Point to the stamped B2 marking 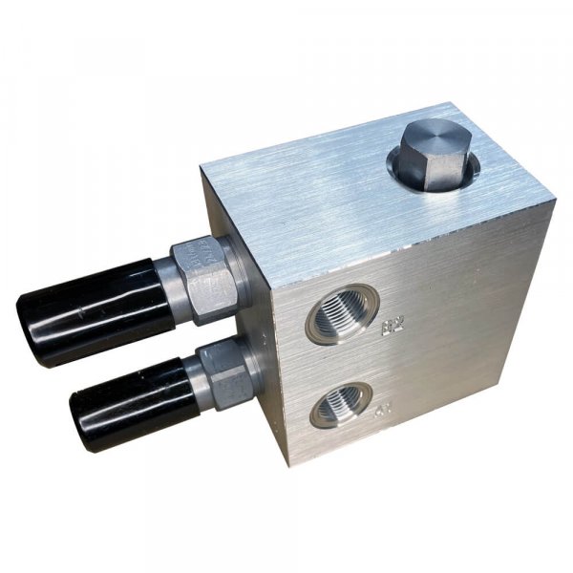point(391,328)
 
